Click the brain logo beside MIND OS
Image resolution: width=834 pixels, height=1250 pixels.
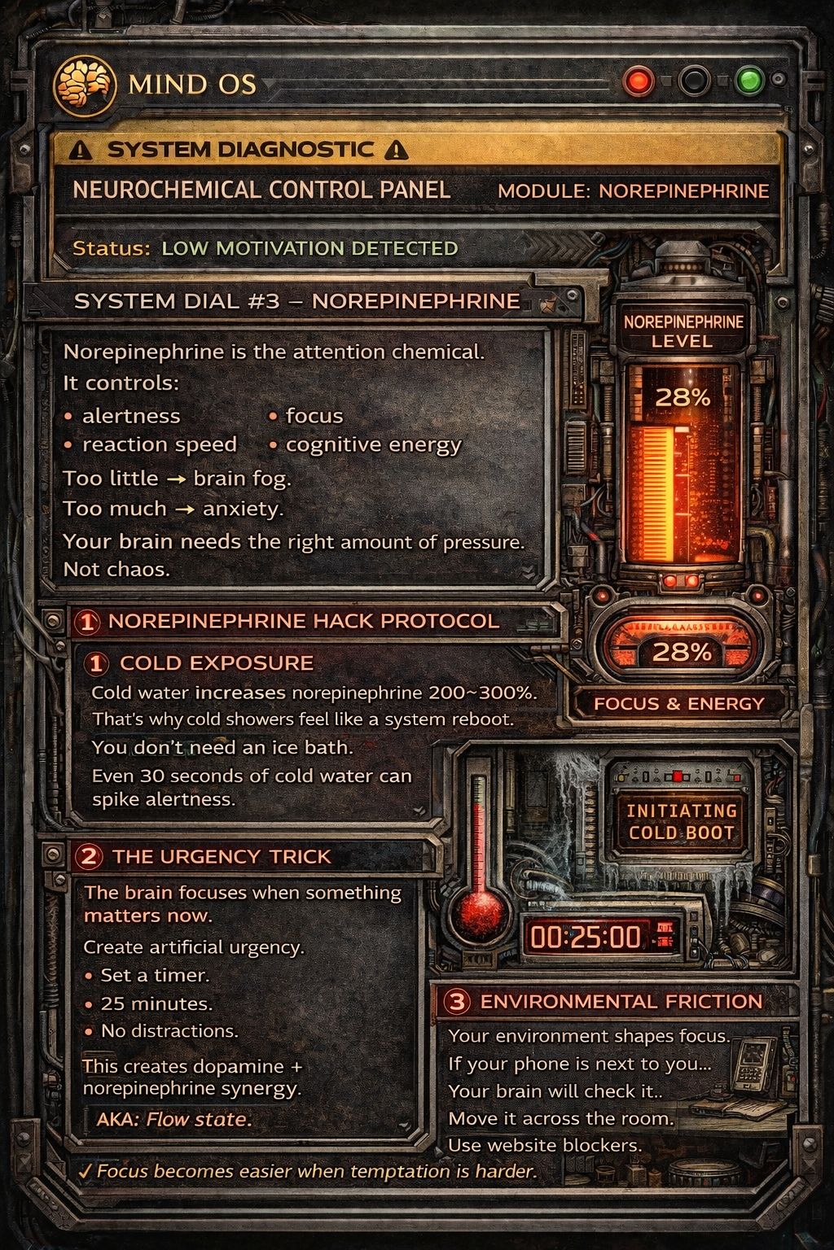tap(84, 83)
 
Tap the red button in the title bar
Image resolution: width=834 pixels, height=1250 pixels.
tap(639, 81)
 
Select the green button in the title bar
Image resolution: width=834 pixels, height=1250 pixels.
tap(748, 81)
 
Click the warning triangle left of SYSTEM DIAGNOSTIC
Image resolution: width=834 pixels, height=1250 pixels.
tap(81, 151)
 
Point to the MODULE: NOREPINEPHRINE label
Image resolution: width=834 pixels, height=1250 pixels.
tap(633, 191)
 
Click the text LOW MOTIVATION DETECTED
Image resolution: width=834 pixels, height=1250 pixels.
tap(309, 248)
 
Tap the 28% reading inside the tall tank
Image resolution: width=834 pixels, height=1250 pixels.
tap(683, 398)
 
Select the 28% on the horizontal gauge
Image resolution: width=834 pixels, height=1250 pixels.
tap(683, 652)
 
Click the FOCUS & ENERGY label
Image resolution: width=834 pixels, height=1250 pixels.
tap(678, 704)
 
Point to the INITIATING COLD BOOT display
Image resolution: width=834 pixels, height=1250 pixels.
tap(681, 822)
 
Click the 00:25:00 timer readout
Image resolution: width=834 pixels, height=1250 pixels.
tap(586, 937)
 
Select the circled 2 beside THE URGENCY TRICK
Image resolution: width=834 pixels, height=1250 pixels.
tap(89, 857)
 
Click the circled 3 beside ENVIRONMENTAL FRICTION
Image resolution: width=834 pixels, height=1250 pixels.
tap(458, 1002)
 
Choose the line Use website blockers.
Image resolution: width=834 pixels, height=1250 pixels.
tap(545, 1145)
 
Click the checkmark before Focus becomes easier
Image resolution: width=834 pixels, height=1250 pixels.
tap(85, 1171)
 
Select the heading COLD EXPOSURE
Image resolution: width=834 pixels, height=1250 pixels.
tap(217, 663)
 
